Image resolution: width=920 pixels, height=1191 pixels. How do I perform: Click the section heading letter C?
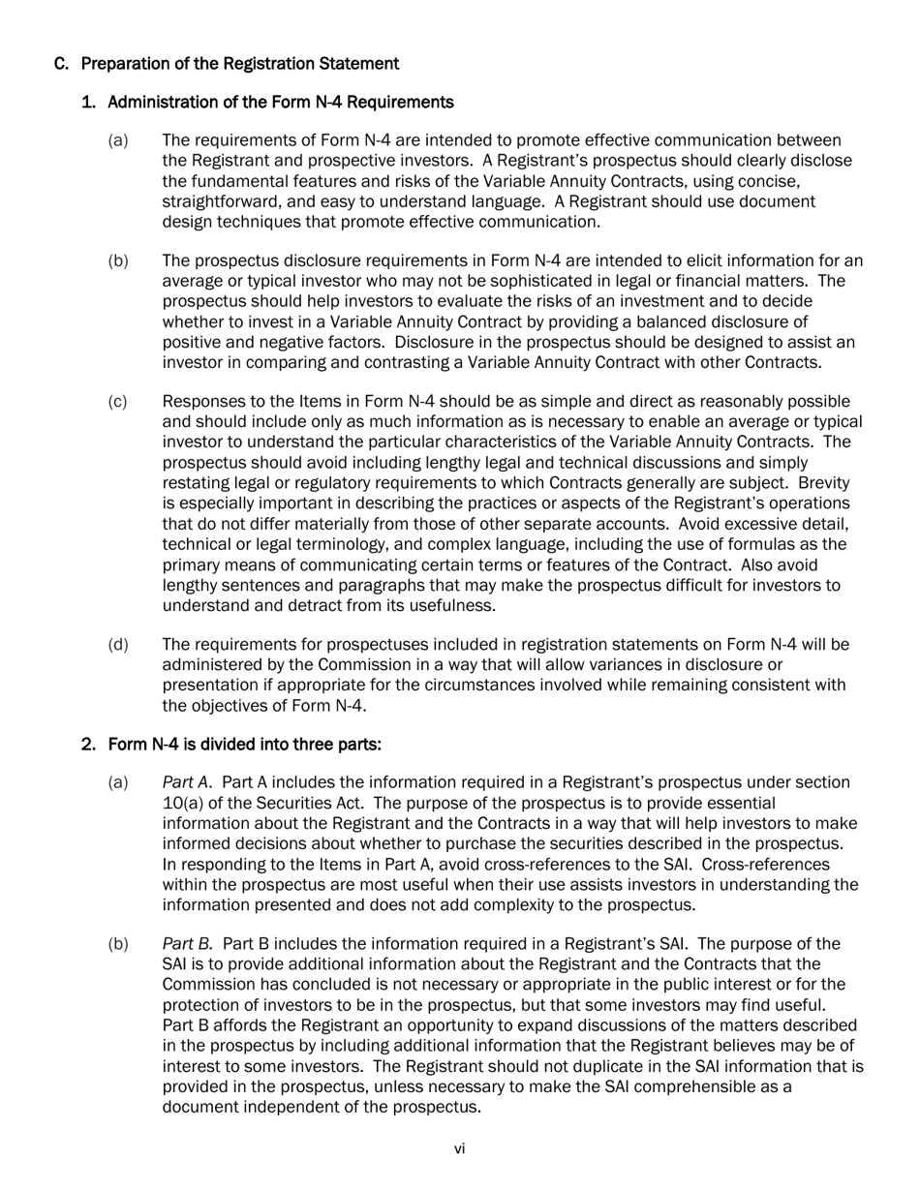(61, 64)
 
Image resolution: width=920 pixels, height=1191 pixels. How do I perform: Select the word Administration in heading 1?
(160, 102)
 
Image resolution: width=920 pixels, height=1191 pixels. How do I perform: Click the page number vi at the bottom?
(460, 1149)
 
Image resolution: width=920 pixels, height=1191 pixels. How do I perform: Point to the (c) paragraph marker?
(118, 402)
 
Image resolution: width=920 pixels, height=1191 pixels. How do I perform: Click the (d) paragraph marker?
(118, 645)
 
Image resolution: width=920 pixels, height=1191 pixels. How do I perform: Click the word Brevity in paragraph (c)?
(826, 483)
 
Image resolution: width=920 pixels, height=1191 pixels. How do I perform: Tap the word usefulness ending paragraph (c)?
(447, 606)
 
